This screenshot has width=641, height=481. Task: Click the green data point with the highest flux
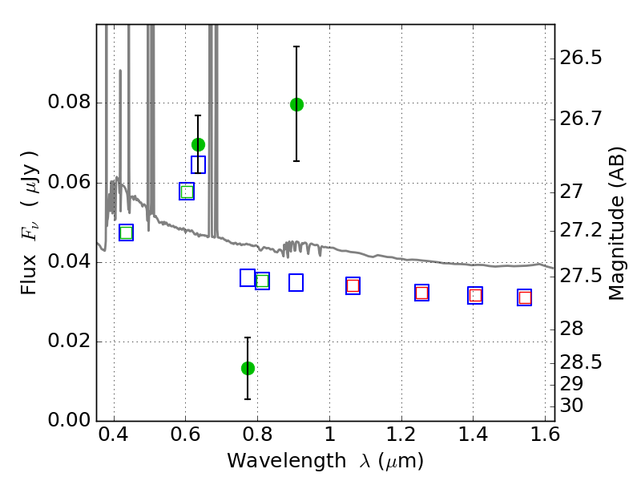(x=296, y=104)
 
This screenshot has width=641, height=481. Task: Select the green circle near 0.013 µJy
(x=248, y=368)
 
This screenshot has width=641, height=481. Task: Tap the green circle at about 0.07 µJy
(x=198, y=144)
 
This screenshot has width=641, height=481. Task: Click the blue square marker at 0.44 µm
(x=126, y=232)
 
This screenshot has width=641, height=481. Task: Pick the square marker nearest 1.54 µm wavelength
(x=524, y=297)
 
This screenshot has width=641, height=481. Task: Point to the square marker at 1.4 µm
(x=475, y=296)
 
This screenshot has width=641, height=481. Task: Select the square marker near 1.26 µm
(x=421, y=293)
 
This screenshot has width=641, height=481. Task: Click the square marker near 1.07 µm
(x=353, y=286)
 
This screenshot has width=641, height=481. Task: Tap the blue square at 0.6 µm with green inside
(x=187, y=192)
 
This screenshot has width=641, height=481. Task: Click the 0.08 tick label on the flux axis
(x=71, y=103)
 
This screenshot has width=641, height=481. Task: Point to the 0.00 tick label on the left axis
(x=71, y=421)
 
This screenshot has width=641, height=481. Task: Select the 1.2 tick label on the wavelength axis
(x=401, y=438)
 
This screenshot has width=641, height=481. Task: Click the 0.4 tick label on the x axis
(x=114, y=438)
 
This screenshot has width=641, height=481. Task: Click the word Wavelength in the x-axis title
(x=274, y=461)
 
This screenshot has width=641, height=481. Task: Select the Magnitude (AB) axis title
(x=616, y=223)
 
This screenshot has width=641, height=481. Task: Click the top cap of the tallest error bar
(x=296, y=46)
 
